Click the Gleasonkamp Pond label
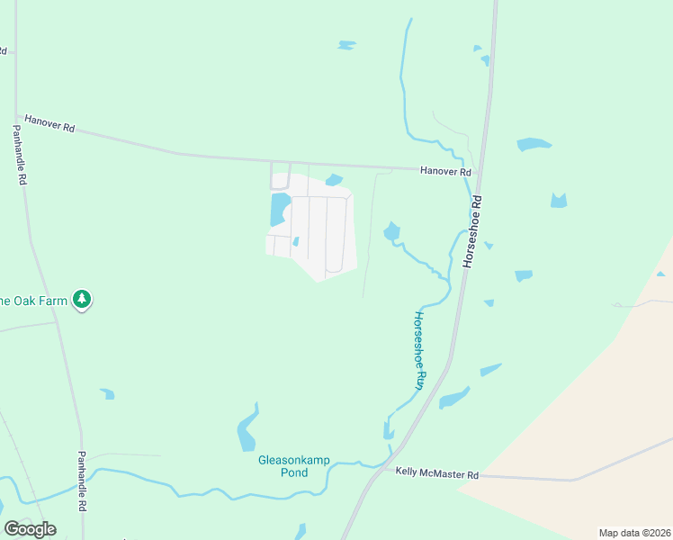click(x=294, y=466)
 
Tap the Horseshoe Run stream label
click(x=418, y=350)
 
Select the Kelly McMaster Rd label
click(x=436, y=473)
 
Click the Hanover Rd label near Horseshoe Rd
click(x=445, y=171)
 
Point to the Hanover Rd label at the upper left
click(x=49, y=123)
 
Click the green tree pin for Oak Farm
click(x=82, y=299)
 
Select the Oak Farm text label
click(x=34, y=300)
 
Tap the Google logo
click(x=30, y=528)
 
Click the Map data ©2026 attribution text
click(x=634, y=533)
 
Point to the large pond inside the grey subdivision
click(x=278, y=210)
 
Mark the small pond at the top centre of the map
click(x=345, y=44)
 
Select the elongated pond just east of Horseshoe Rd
click(x=454, y=397)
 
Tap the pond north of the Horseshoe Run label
click(x=391, y=232)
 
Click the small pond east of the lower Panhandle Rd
click(x=108, y=393)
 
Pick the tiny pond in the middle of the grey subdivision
click(x=295, y=241)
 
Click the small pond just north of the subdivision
click(x=334, y=179)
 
